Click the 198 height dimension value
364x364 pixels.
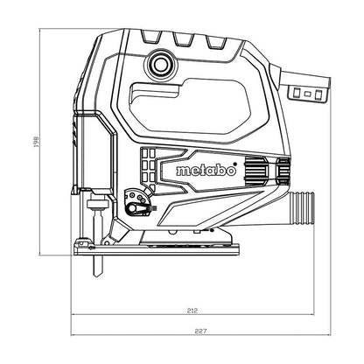36,141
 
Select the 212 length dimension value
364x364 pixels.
192,311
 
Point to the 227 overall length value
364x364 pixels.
200,331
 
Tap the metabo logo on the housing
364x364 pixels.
206,170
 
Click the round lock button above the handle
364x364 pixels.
160,65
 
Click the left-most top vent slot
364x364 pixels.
151,37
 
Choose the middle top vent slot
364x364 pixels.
184,38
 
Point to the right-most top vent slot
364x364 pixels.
216,42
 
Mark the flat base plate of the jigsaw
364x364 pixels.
157,249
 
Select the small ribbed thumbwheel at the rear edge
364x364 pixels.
283,171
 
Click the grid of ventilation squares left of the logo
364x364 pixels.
148,169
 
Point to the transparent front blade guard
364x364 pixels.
94,151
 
